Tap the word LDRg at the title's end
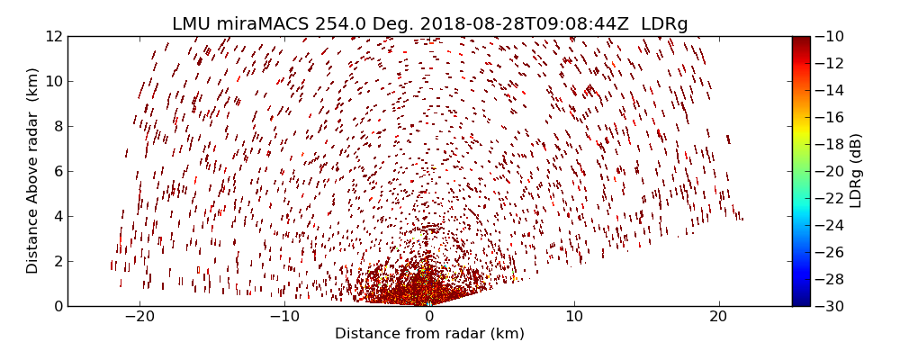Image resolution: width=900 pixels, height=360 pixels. [x=664, y=24]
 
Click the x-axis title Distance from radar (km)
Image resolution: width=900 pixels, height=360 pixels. [x=429, y=334]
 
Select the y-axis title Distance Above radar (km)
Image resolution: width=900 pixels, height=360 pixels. [x=33, y=170]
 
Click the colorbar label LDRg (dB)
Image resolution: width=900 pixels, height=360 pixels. [x=856, y=170]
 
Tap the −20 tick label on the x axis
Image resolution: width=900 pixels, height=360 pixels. [x=139, y=318]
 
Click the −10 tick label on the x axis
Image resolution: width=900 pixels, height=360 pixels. [x=284, y=318]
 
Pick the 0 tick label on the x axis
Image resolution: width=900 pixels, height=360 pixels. [x=429, y=318]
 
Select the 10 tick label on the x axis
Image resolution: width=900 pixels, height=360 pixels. [x=574, y=318]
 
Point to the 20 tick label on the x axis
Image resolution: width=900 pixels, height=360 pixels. [x=718, y=318]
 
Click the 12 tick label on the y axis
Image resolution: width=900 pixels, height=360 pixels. [x=53, y=36]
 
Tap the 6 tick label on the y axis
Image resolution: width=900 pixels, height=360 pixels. [x=57, y=171]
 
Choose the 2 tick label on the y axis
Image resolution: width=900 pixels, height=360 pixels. [x=57, y=261]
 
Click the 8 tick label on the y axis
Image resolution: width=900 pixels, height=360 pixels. [x=57, y=126]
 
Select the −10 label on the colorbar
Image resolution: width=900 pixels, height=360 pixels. [x=827, y=36]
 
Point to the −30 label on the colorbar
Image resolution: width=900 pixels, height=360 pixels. [x=827, y=306]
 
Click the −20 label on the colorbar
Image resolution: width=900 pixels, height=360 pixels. [x=827, y=171]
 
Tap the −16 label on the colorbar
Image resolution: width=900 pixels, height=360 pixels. [x=827, y=117]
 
